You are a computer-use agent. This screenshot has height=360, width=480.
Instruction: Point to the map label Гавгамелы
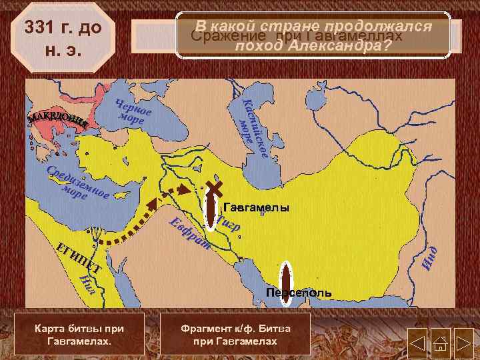click(x=256, y=208)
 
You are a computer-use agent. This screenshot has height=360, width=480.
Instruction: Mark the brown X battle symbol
click(x=214, y=187)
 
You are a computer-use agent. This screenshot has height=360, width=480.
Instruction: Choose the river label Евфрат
click(x=189, y=234)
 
